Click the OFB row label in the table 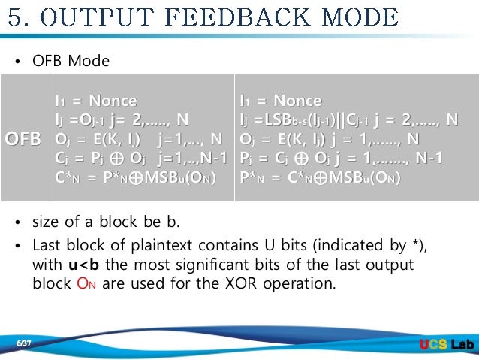coord(25,139)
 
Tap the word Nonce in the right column coord(297,101)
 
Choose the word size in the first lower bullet coord(47,222)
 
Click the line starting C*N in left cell coord(135,178)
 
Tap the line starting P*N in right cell coord(319,178)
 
